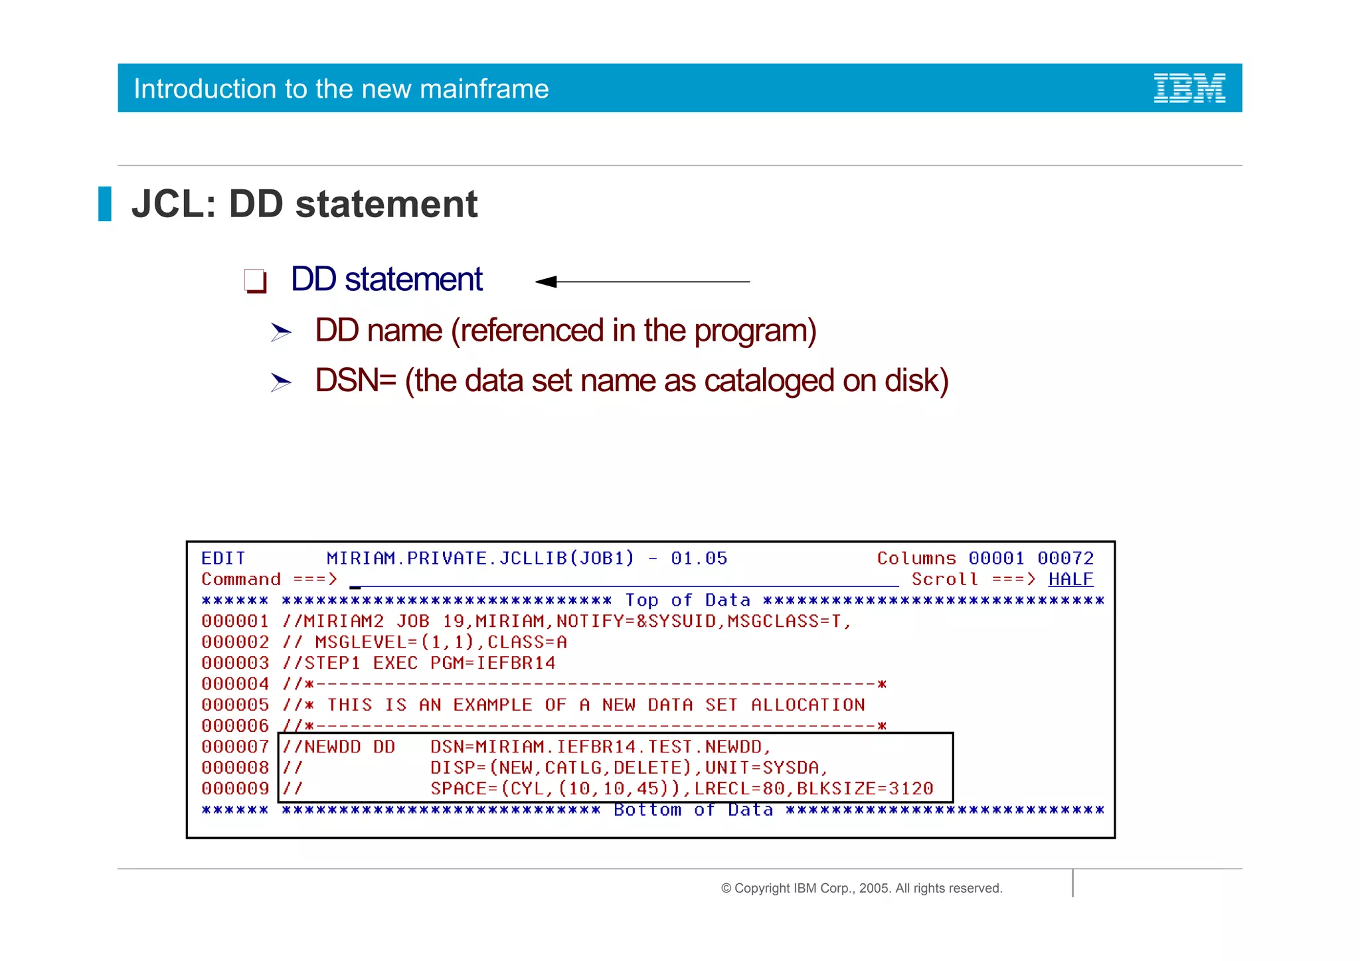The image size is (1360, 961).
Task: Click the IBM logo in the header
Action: pyautogui.click(x=1189, y=88)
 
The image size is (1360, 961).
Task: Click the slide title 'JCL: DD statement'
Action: pyautogui.click(x=304, y=204)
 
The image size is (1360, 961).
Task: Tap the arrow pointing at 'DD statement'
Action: pyautogui.click(x=642, y=282)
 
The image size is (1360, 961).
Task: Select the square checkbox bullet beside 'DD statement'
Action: pyautogui.click(x=255, y=280)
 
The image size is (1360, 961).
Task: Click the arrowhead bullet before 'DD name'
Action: pyautogui.click(x=281, y=331)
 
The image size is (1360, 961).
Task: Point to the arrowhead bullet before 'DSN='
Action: pyautogui.click(x=281, y=382)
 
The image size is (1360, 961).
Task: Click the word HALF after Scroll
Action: pyautogui.click(x=1070, y=579)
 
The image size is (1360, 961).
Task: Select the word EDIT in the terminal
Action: pyautogui.click(x=223, y=558)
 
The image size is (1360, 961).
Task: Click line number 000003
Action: pyautogui.click(x=235, y=663)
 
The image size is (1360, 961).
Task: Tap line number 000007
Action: pyautogui.click(x=235, y=746)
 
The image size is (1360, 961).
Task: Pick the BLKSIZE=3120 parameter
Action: pyautogui.click(x=865, y=788)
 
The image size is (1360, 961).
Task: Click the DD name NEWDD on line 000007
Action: pyautogui.click(x=332, y=746)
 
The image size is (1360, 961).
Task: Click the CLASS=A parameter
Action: pyautogui.click(x=527, y=642)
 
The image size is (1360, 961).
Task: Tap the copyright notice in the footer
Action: pyautogui.click(x=861, y=888)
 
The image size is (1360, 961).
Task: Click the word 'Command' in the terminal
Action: pyautogui.click(x=241, y=579)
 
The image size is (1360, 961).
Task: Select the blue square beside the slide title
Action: pyautogui.click(x=105, y=204)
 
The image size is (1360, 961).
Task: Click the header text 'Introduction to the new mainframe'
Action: pyautogui.click(x=341, y=89)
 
